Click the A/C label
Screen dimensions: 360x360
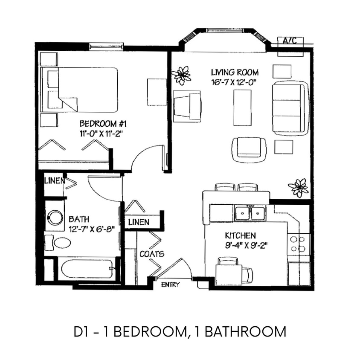tap(290, 41)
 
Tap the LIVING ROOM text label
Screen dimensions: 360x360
tap(235, 72)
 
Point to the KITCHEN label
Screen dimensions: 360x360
tap(241, 235)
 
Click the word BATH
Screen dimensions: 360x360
tap(79, 219)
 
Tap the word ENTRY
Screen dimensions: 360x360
tap(170, 285)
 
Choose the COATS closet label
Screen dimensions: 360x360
tap(152, 254)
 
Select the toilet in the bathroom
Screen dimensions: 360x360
tap(59, 243)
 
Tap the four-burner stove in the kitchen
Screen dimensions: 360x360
tap(299, 244)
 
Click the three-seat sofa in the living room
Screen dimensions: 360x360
tap(290, 107)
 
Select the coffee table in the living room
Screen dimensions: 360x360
tap(242, 107)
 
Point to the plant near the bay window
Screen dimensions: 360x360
tap(183, 75)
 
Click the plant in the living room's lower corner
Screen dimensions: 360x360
tap(299, 187)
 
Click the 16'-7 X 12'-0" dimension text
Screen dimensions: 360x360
tap(235, 82)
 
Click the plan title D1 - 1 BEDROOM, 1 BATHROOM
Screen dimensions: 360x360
tap(179, 331)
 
